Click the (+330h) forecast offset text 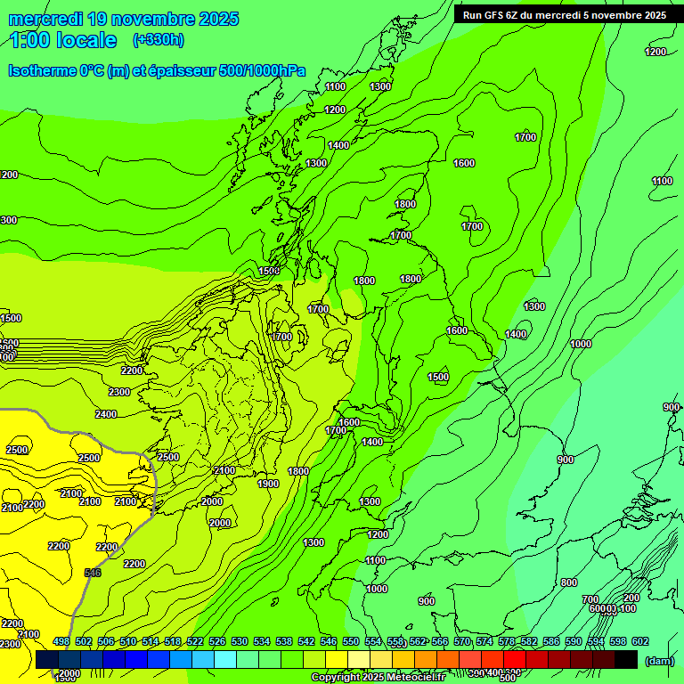[x=159, y=39]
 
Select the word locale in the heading [x=86, y=40]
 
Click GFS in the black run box [x=496, y=15]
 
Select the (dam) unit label [x=659, y=661]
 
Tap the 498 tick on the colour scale [x=61, y=641]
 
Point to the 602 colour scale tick [x=640, y=641]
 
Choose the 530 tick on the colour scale [x=240, y=641]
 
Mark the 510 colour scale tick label [x=128, y=641]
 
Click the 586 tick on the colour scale [x=551, y=641]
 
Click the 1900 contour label [x=268, y=484]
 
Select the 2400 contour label [x=106, y=414]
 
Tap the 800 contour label [x=569, y=582]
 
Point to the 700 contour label [x=590, y=599]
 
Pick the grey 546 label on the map [x=93, y=573]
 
